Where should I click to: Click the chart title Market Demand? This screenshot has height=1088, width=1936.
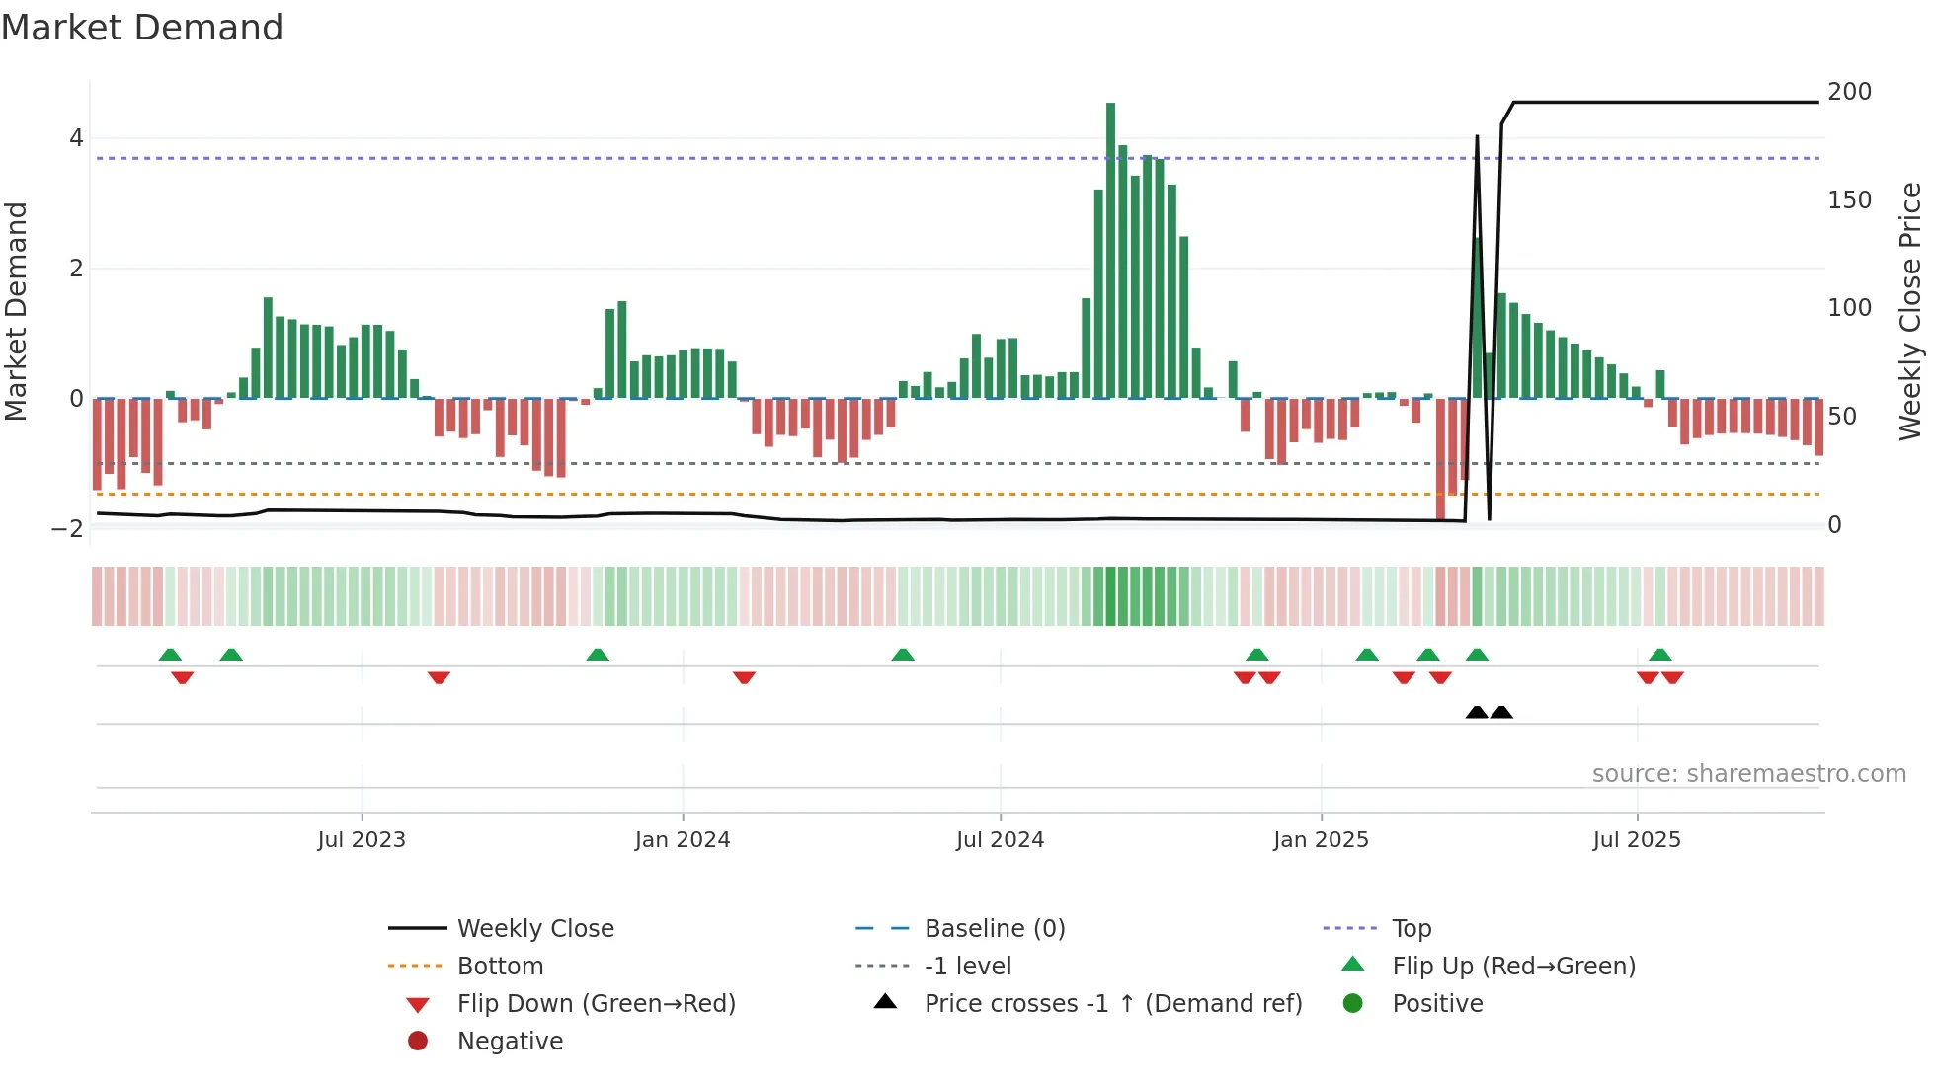pyautogui.click(x=142, y=28)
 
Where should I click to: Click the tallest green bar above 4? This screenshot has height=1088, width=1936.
pyautogui.click(x=1110, y=247)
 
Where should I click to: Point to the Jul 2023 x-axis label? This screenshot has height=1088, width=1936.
pyautogui.click(x=362, y=840)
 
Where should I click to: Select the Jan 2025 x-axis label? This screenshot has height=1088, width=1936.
pyautogui.click(x=1321, y=840)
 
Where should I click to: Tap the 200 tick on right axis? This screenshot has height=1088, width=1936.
pyautogui.click(x=1849, y=92)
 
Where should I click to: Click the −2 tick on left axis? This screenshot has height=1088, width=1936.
pyautogui.click(x=67, y=528)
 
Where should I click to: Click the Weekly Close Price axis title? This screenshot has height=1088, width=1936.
pyautogui.click(x=1910, y=311)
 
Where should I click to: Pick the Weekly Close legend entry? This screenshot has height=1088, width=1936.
pyautogui.click(x=534, y=928)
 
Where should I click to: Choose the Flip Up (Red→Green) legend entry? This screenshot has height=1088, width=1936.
pyautogui.click(x=1513, y=966)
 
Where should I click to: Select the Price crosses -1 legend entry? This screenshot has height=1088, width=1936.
pyautogui.click(x=1112, y=1003)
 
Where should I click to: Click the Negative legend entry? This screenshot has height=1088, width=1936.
pyautogui.click(x=510, y=1041)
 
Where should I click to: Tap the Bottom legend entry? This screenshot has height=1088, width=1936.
pyautogui.click(x=500, y=966)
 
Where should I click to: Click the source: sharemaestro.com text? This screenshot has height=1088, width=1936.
pyautogui.click(x=1748, y=773)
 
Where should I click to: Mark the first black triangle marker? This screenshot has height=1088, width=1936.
pyautogui.click(x=1477, y=712)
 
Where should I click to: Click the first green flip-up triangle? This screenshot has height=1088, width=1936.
pyautogui.click(x=170, y=655)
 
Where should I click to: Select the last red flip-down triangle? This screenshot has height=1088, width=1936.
pyautogui.click(x=1672, y=677)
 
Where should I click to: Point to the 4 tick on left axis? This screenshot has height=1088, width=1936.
pyautogui.click(x=76, y=138)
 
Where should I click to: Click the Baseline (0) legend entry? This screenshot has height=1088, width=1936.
pyautogui.click(x=994, y=928)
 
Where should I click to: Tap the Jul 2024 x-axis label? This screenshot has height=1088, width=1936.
pyautogui.click(x=1000, y=840)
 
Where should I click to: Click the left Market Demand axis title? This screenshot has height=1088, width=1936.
pyautogui.click(x=16, y=311)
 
